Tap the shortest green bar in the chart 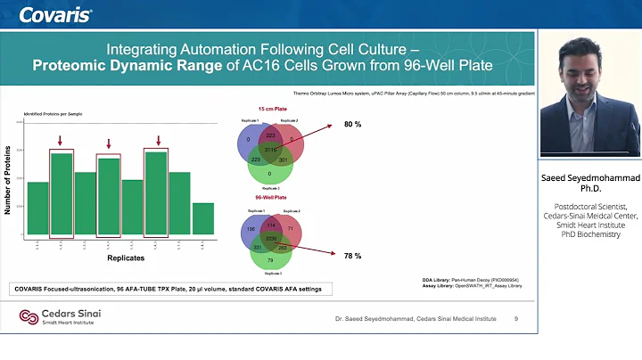pos(202,219)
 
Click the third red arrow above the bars pos(157,139)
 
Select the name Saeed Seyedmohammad pos(589,177)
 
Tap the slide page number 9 pos(516,318)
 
